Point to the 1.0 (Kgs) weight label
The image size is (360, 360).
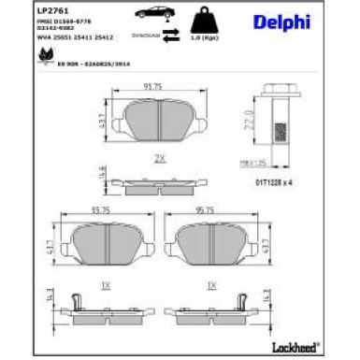point(203,38)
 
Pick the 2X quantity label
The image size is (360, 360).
point(160,158)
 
